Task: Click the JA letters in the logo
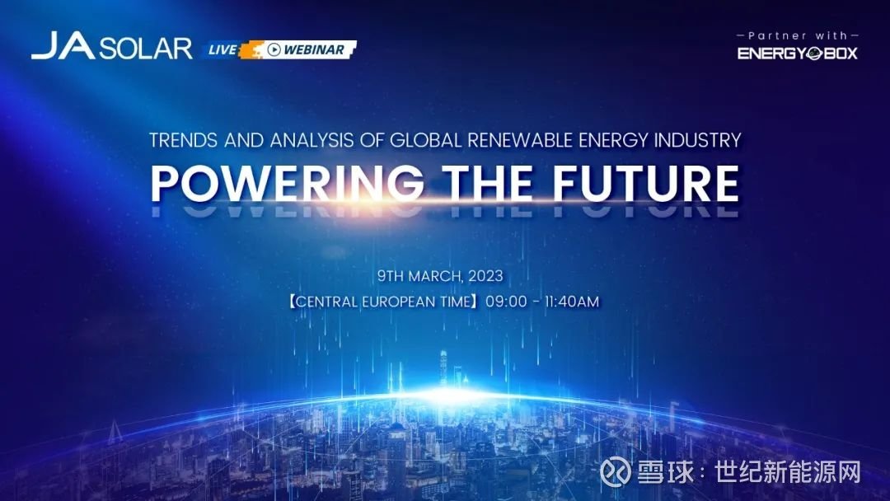click(x=63, y=45)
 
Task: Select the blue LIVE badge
click(x=222, y=50)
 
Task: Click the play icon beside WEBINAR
click(x=274, y=49)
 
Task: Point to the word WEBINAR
click(x=314, y=50)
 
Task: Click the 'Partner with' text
click(x=798, y=35)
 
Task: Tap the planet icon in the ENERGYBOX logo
click(x=815, y=54)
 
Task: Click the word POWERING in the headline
click(x=288, y=183)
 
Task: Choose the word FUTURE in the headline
click(x=646, y=183)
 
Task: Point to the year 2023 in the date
click(x=486, y=276)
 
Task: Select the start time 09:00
click(x=506, y=302)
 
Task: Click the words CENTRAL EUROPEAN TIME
click(x=384, y=302)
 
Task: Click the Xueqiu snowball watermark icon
click(x=616, y=472)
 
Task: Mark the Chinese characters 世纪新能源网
click(x=788, y=472)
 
